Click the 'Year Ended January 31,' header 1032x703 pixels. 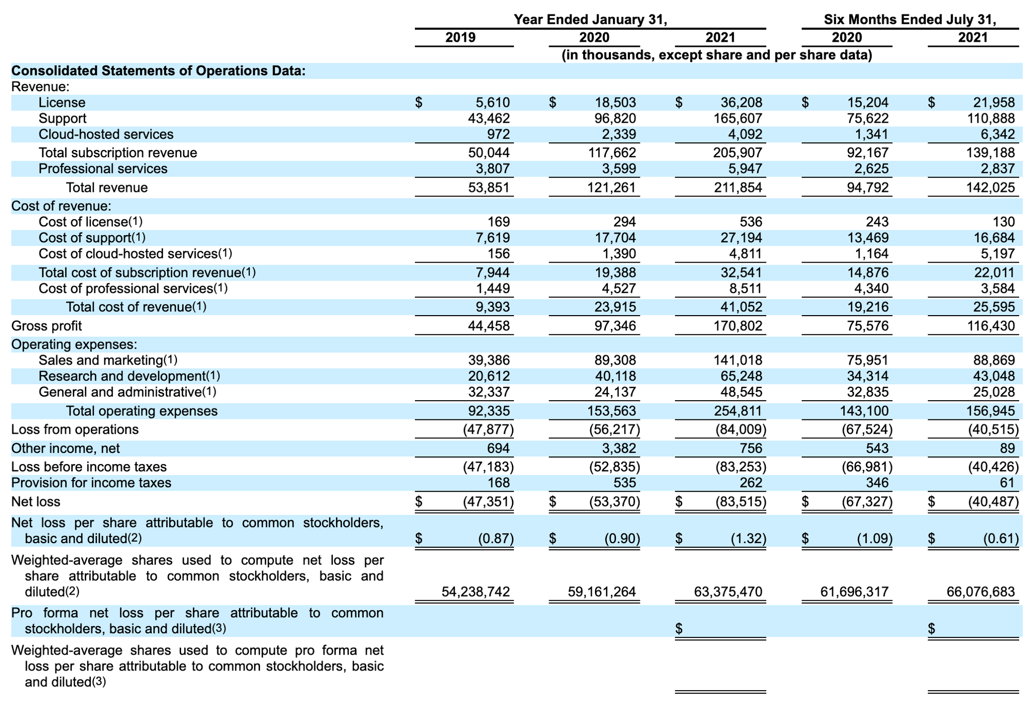(x=590, y=20)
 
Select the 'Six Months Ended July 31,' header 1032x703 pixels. (x=910, y=20)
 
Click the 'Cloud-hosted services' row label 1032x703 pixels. (x=106, y=135)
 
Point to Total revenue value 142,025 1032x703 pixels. (x=991, y=188)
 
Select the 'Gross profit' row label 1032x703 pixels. (x=46, y=326)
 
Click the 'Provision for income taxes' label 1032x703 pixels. (x=91, y=483)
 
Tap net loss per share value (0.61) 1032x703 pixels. (x=1001, y=539)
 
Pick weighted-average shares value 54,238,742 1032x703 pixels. (x=475, y=592)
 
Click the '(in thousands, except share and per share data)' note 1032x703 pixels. (x=717, y=55)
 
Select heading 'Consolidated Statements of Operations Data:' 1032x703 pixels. (x=158, y=71)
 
